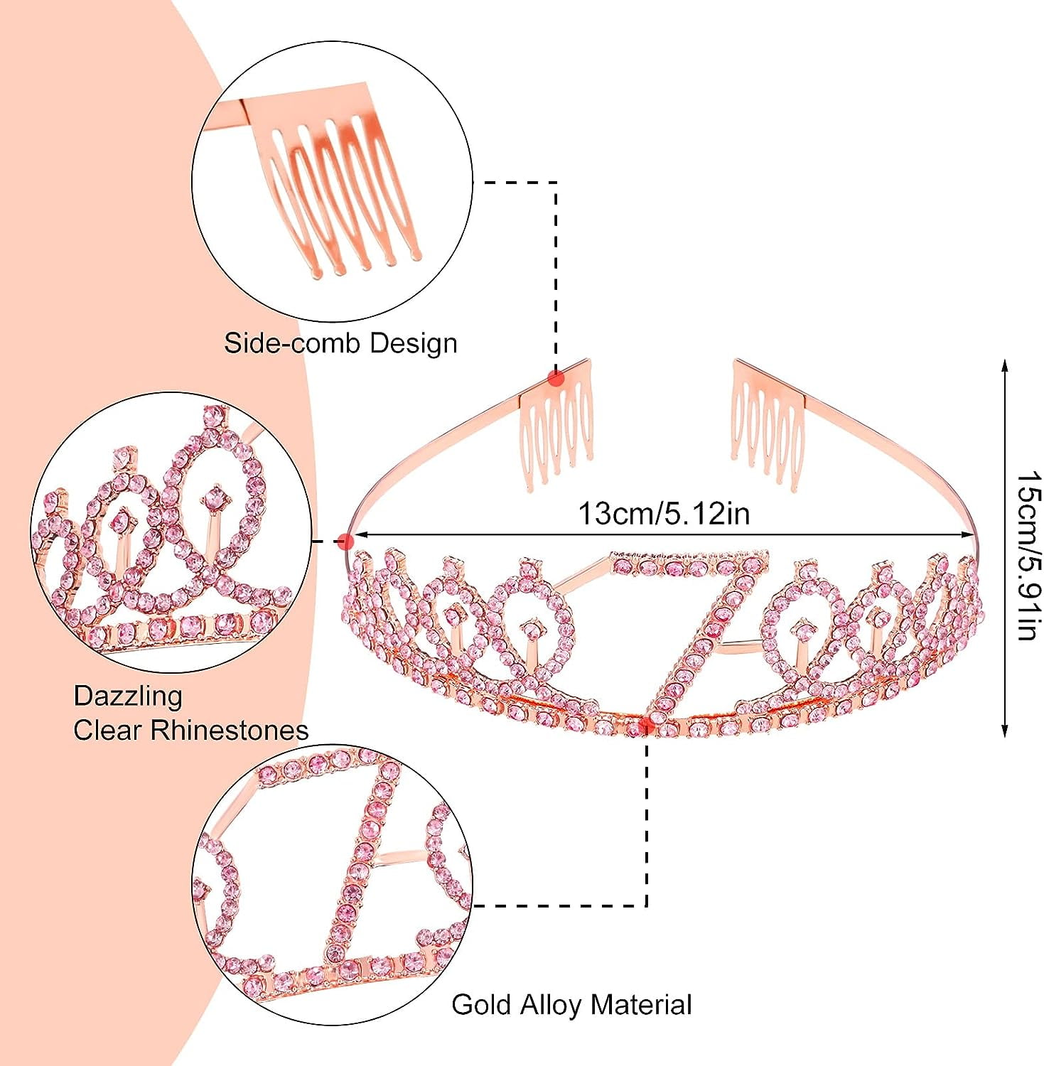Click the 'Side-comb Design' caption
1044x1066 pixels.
(340, 343)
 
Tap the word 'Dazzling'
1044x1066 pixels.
(128, 695)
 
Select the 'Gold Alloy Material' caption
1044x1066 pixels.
(571, 1004)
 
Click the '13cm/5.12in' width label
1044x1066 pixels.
(664, 513)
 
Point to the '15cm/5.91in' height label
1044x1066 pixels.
(1028, 555)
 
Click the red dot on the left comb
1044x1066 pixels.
(556, 378)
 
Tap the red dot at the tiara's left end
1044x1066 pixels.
(345, 542)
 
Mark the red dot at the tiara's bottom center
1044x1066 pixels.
(646, 724)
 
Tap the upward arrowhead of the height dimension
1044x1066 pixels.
(1004, 366)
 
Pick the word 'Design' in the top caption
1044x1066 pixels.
(413, 343)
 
